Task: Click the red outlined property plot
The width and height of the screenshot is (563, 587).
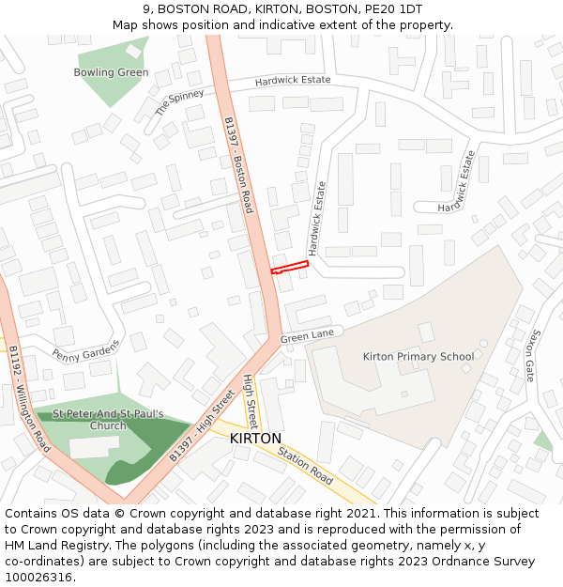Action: (290, 268)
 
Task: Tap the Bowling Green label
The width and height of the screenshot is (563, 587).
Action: (111, 72)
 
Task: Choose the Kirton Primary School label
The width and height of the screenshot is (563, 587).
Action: (418, 357)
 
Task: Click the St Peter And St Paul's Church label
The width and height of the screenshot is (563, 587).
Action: (108, 420)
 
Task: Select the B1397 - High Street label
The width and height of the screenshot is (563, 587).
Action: (202, 425)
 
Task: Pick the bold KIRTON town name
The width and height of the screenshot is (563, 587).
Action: (255, 439)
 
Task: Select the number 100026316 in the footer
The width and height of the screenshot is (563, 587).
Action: (38, 578)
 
